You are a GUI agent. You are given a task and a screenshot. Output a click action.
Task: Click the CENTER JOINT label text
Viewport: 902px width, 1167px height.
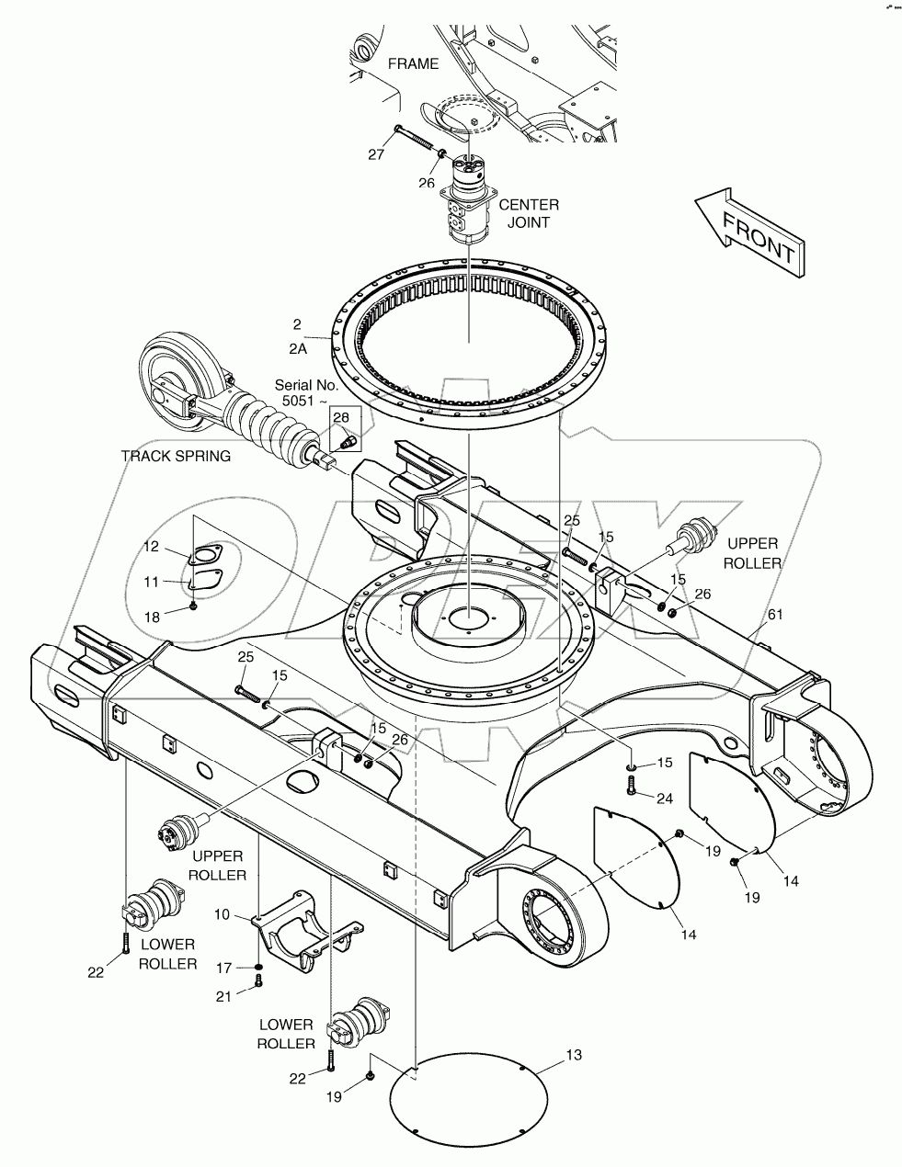[x=528, y=213]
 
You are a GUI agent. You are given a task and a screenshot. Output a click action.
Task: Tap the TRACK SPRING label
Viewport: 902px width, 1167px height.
[x=176, y=457]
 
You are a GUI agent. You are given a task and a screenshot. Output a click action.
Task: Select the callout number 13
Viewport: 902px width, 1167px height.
[x=572, y=1056]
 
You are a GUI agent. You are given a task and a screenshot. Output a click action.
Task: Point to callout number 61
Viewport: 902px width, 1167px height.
[x=775, y=614]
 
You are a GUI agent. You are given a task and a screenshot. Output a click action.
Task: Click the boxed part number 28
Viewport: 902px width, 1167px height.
[x=341, y=418]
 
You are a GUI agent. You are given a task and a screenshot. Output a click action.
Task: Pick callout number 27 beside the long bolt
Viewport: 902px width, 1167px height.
[x=377, y=154]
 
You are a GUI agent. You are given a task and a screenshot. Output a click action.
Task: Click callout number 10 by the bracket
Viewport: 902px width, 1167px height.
[x=222, y=915]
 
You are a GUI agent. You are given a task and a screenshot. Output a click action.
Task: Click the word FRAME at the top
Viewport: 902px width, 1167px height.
[x=413, y=64]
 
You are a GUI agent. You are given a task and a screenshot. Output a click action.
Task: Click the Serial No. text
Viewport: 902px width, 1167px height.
[x=307, y=393]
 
